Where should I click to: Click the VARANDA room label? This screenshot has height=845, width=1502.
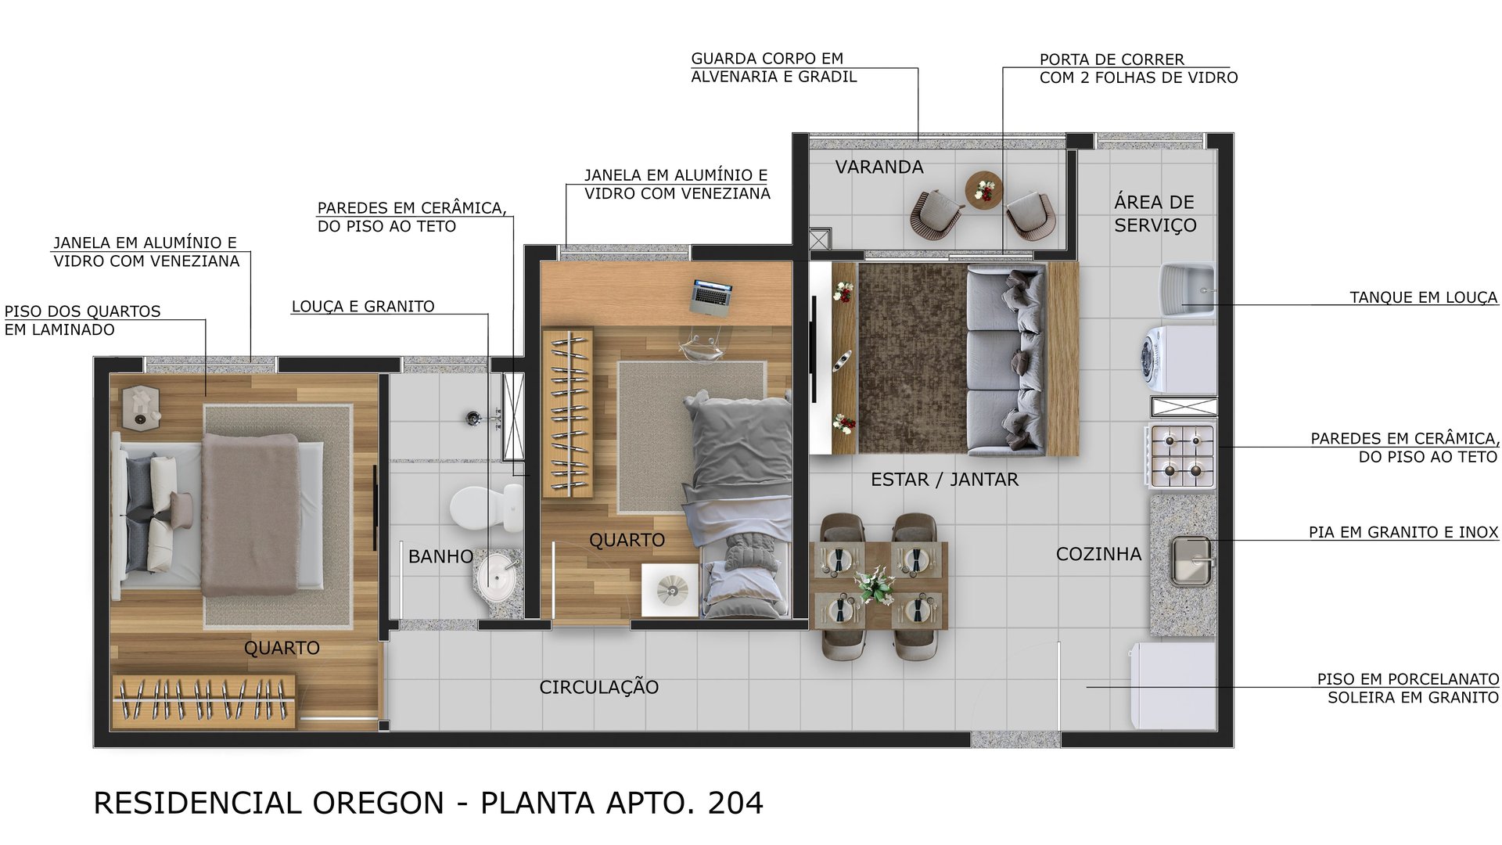[879, 167]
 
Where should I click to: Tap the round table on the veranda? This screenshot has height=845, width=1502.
[983, 190]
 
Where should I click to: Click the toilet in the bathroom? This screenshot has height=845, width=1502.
[483, 508]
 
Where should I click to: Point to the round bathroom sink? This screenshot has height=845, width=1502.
[495, 577]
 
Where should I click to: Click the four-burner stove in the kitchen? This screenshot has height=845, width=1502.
[1182, 456]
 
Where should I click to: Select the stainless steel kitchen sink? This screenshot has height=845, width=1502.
[1190, 561]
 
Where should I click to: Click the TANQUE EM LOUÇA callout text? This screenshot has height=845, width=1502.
[1423, 297]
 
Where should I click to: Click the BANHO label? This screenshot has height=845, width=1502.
[440, 556]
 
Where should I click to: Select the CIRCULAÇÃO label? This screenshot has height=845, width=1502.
[598, 687]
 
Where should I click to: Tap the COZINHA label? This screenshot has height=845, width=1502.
[1098, 554]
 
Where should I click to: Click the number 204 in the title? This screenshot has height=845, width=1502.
[735, 804]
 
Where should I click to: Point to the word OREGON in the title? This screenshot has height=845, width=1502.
[379, 804]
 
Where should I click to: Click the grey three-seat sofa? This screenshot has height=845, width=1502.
[1005, 360]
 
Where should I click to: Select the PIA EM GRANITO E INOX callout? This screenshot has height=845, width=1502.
[1403, 532]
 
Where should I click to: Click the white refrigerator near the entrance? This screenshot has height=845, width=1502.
[1172, 686]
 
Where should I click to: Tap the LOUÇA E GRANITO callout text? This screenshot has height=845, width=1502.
[363, 307]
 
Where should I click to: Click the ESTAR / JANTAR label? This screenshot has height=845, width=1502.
[944, 480]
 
